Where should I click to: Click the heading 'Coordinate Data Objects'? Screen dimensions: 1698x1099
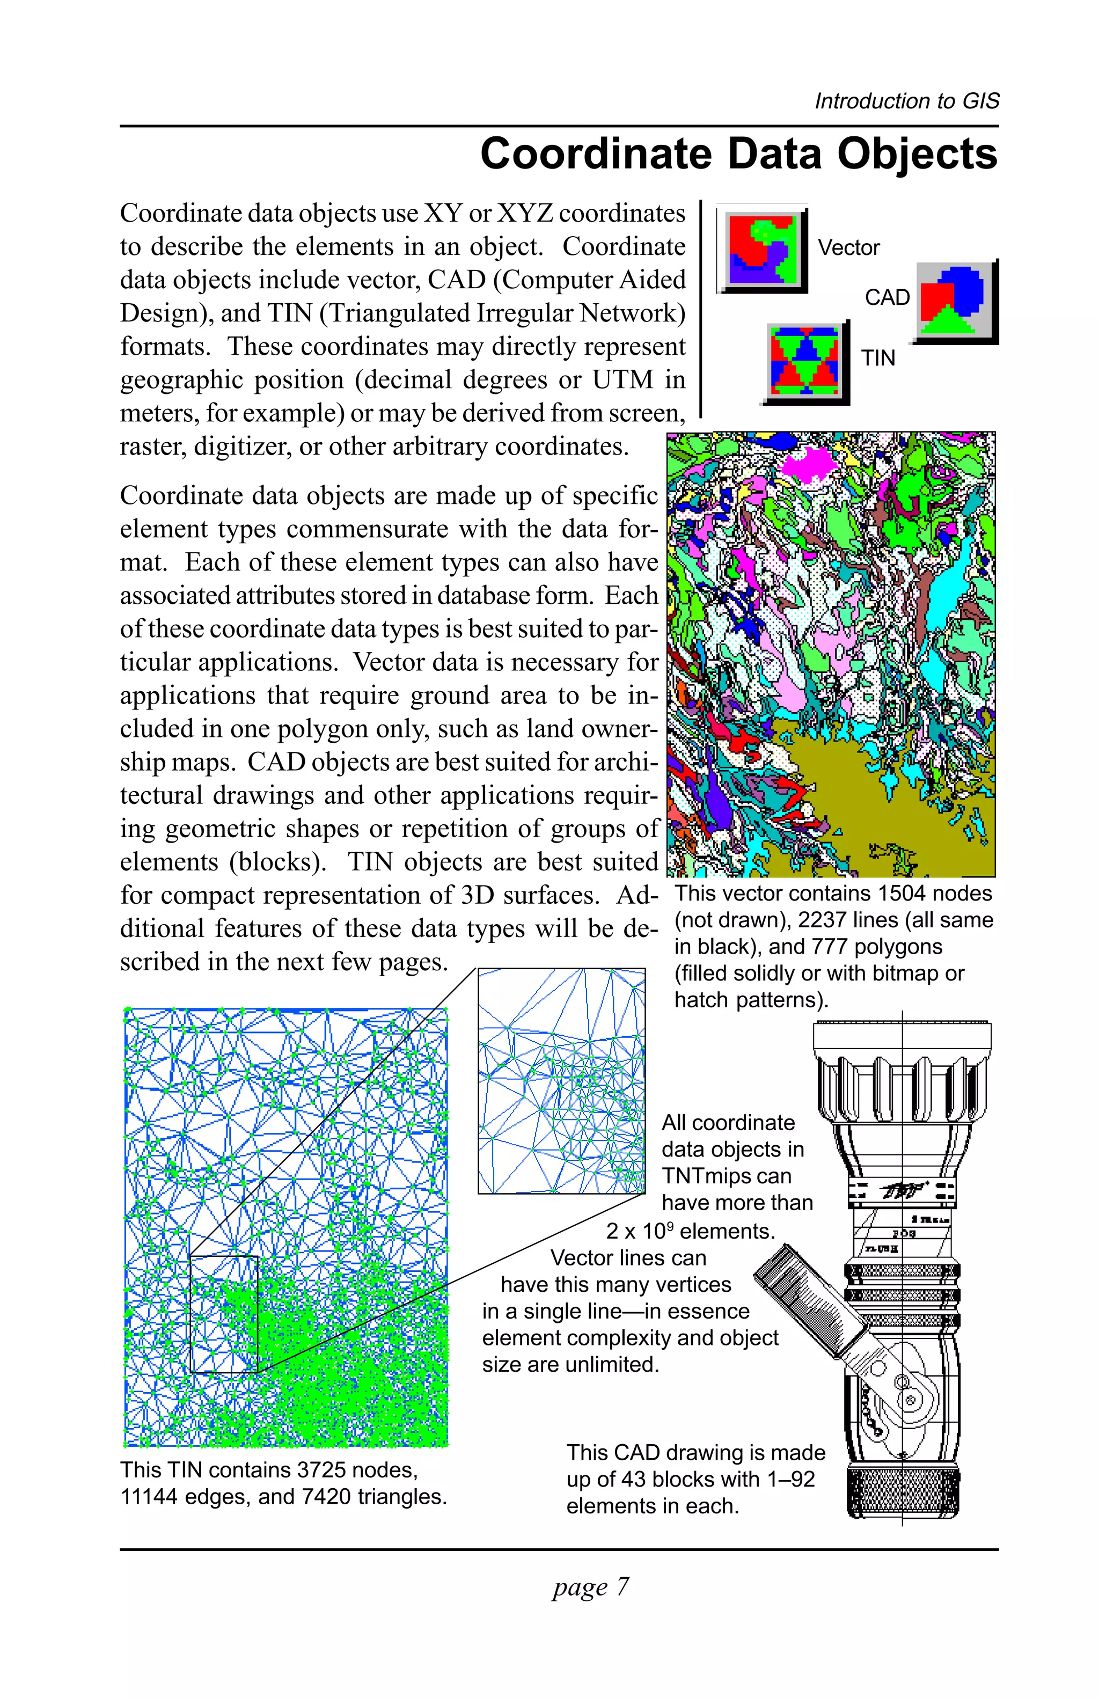(x=738, y=154)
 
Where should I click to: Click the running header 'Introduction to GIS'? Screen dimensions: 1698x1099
(x=906, y=101)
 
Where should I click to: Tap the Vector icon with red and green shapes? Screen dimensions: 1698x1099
(x=761, y=251)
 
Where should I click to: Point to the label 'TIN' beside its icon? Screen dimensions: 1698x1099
(x=877, y=358)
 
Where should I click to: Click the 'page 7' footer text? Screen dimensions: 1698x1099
(x=590, y=1586)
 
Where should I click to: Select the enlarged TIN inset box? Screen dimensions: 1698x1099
(x=561, y=1080)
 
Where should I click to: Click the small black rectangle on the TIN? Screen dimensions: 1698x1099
(x=223, y=1313)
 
